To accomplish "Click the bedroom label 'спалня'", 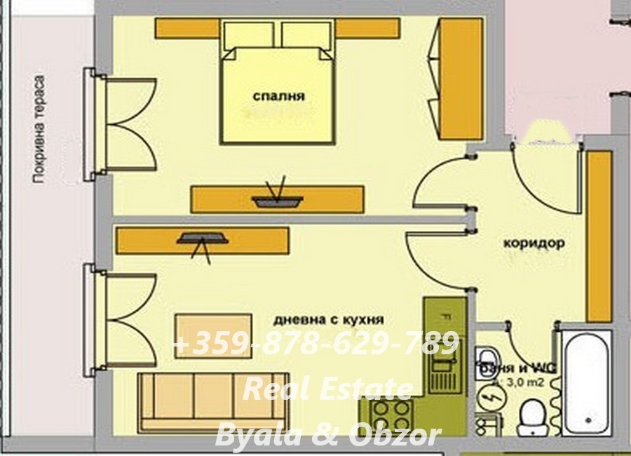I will (278, 96).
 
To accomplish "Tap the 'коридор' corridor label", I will (534, 243).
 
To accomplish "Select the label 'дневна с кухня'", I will (329, 319).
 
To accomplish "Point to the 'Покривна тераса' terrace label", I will (40, 130).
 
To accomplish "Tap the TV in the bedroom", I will (278, 201).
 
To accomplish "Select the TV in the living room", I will (203, 239).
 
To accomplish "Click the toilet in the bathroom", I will (534, 417).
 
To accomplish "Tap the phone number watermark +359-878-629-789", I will (315, 344).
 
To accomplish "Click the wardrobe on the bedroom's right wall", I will (460, 79).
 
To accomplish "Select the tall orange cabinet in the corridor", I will (599, 236).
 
